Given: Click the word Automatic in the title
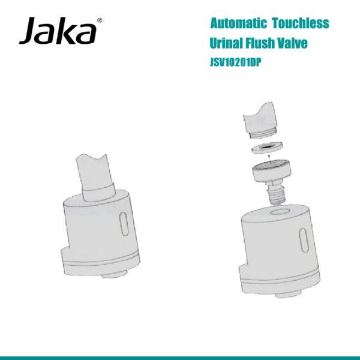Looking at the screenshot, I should point(238,24).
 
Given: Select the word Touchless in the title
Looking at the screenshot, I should point(300,24).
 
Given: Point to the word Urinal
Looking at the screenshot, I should point(226,44).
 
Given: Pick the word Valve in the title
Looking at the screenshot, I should point(295,44).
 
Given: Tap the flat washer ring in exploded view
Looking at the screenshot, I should point(268,148).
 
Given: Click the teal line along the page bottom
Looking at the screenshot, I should point(180,357).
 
